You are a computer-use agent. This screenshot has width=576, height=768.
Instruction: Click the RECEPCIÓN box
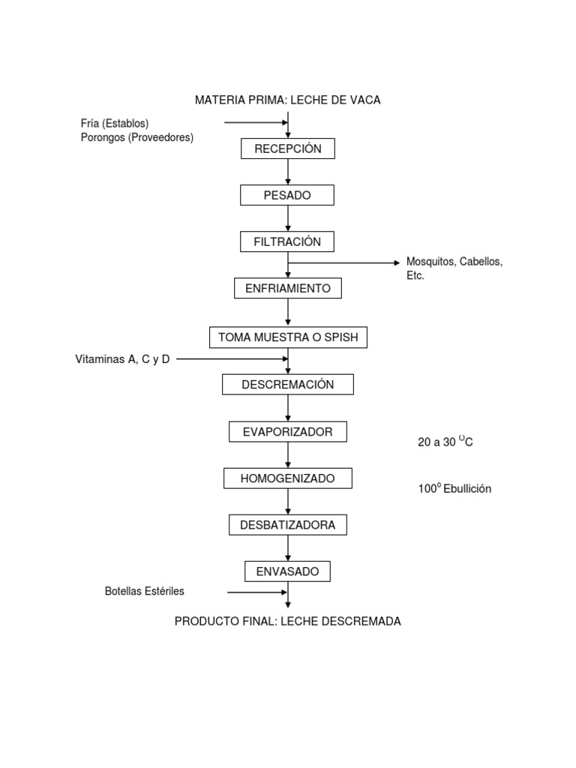point(287,148)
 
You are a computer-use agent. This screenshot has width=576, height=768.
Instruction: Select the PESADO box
point(287,195)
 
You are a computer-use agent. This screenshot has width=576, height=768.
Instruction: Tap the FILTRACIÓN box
point(287,241)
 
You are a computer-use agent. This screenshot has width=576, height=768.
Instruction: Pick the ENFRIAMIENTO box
point(288,288)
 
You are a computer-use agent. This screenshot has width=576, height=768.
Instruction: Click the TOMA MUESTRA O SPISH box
point(288,337)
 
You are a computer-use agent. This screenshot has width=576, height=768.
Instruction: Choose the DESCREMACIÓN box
point(288,384)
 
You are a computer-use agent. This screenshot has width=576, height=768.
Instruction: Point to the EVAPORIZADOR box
point(288,431)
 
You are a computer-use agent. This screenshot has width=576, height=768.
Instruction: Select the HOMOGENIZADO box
point(288,478)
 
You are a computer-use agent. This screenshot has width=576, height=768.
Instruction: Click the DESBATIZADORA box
point(288,525)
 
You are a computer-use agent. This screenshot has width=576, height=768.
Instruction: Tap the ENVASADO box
point(288,571)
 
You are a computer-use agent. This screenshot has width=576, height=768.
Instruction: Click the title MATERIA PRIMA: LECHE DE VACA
point(288,100)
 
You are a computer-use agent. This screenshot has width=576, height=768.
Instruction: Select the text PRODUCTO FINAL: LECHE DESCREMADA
point(288,621)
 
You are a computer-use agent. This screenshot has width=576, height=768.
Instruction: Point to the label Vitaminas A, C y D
point(122,359)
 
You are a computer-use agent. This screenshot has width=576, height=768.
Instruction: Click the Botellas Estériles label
point(144,591)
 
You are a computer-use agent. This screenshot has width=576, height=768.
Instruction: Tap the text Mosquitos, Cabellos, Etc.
point(454,268)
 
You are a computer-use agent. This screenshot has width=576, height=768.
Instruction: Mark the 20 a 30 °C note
point(445,442)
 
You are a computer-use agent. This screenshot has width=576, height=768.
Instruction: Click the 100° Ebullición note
point(454,488)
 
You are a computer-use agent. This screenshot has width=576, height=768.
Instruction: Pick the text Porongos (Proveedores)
point(136,137)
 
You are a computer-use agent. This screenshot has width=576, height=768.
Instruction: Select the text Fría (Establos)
point(115,123)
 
